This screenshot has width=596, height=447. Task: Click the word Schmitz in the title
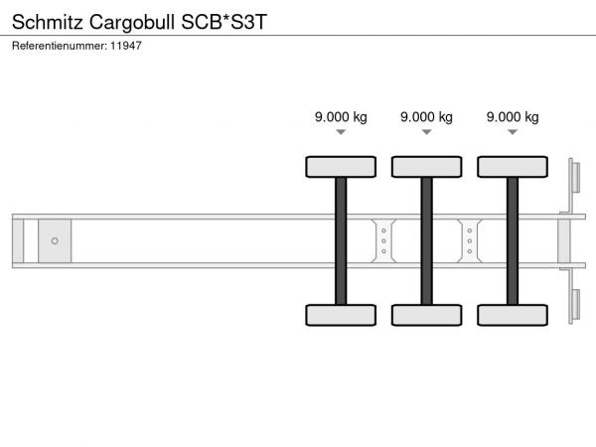coord(48,22)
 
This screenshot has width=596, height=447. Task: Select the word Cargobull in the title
coord(132,23)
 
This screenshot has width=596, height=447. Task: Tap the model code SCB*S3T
coord(224,22)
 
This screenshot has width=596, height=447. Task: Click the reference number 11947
coord(126,46)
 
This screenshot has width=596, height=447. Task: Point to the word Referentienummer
coord(60,46)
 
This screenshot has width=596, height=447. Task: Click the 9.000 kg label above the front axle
coord(341,117)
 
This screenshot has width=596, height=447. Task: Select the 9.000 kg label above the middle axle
coord(426,117)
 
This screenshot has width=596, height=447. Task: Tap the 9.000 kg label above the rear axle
coord(513,117)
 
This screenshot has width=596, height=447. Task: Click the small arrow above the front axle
coord(341,132)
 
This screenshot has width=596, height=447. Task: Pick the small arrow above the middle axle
coord(426,132)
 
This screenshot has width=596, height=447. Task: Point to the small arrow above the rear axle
coord(513,132)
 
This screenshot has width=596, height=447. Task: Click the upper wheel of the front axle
coord(341,167)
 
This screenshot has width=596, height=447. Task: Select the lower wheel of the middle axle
coord(427,315)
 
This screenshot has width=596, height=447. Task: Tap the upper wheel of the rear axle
coord(513,167)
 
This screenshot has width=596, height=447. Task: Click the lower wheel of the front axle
coord(341,315)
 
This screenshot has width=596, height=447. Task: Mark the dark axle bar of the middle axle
coord(426,241)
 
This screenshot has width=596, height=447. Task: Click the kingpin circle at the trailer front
coord(55,241)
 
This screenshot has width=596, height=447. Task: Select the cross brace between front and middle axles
coord(383,241)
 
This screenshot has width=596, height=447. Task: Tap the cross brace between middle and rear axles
coord(470,241)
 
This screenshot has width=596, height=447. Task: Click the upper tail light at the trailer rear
coord(575,178)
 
